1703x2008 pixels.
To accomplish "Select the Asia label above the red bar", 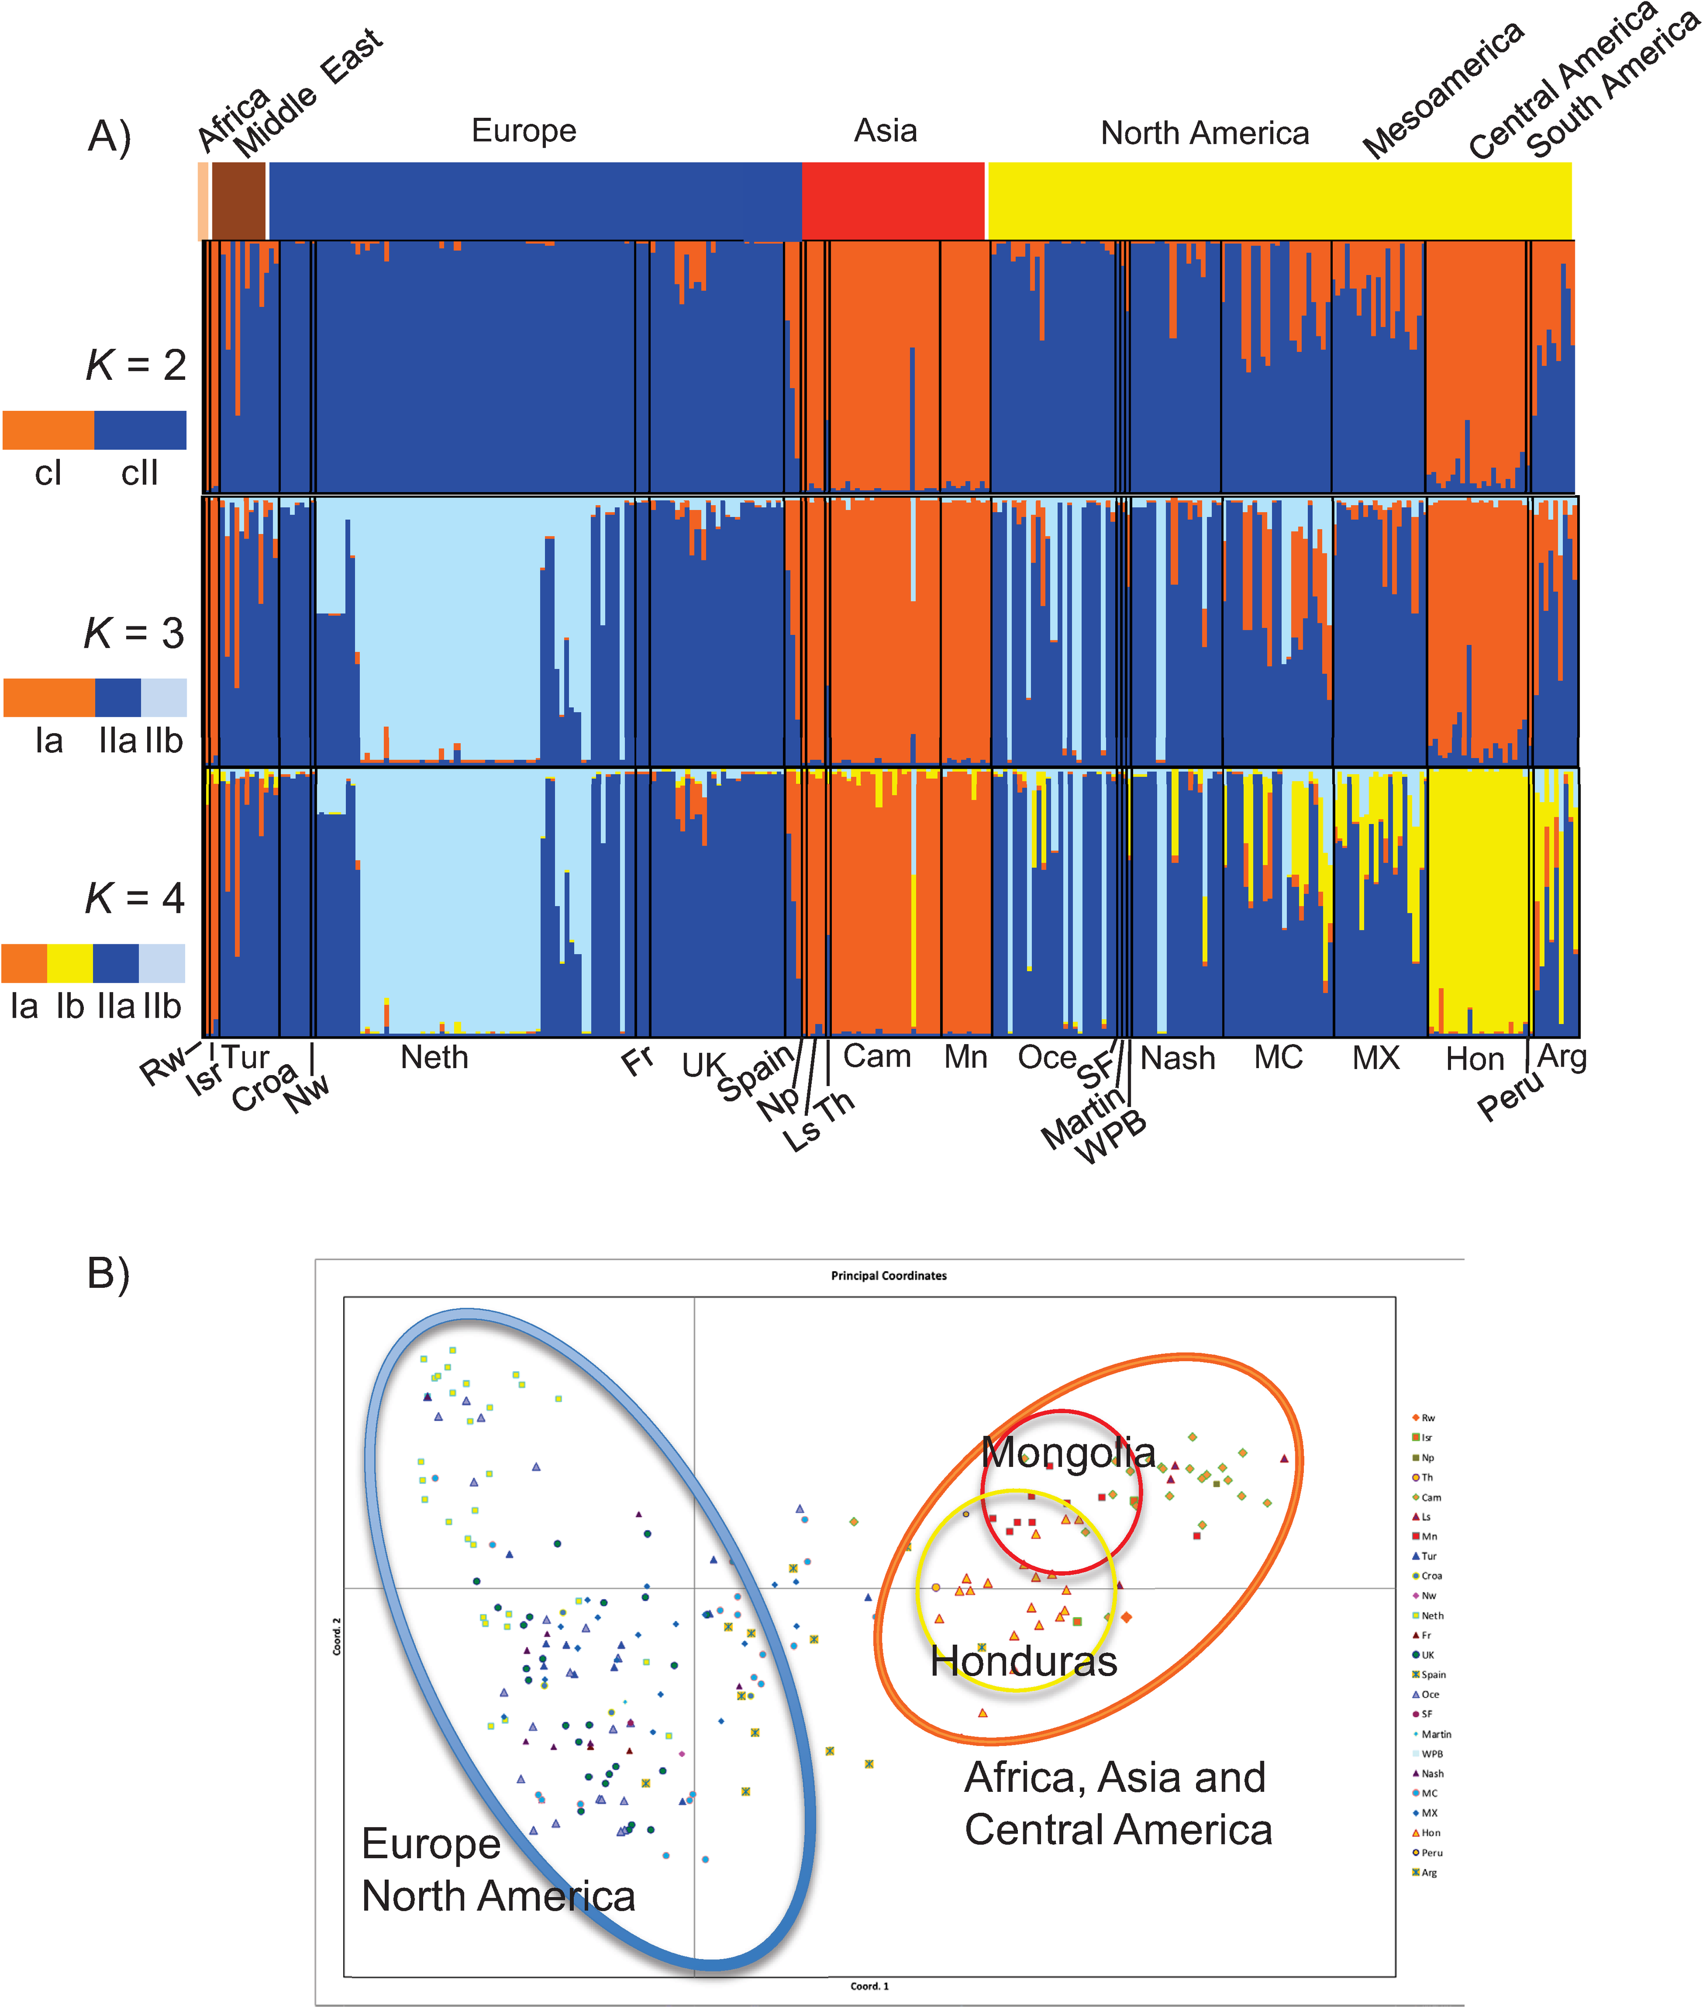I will tap(885, 130).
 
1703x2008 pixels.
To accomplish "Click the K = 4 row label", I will tap(134, 898).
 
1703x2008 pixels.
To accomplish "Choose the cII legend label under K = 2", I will tap(140, 473).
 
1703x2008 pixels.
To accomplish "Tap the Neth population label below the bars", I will tap(435, 1058).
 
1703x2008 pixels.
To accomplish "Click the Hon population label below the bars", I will tap(1474, 1060).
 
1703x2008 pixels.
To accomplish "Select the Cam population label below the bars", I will tap(877, 1057).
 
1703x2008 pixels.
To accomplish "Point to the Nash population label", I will tap(1178, 1059).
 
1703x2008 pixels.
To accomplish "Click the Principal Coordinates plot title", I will tap(888, 1276).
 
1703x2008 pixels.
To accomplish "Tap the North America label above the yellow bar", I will tap(1205, 133).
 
